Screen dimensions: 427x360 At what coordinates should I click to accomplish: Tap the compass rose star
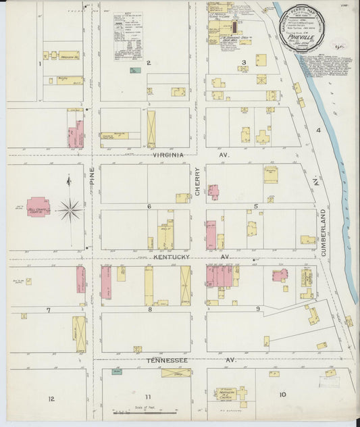click(x=70, y=210)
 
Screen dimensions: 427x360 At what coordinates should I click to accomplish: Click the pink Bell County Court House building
click(x=38, y=206)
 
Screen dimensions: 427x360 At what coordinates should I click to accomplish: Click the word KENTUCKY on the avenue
click(x=172, y=257)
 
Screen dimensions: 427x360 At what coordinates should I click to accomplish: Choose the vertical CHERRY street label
click(x=198, y=181)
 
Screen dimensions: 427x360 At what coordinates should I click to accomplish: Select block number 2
click(x=148, y=63)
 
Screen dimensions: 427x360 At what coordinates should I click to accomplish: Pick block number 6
click(x=149, y=206)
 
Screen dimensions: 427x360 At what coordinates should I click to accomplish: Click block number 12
click(x=51, y=399)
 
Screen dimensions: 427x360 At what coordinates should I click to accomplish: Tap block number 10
click(x=282, y=395)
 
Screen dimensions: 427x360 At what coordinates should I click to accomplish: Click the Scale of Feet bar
click(x=145, y=411)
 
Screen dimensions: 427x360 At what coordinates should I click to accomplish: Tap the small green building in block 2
click(x=135, y=70)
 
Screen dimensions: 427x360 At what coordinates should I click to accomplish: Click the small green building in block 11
click(x=117, y=372)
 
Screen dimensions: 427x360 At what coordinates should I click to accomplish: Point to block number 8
click(x=149, y=309)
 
